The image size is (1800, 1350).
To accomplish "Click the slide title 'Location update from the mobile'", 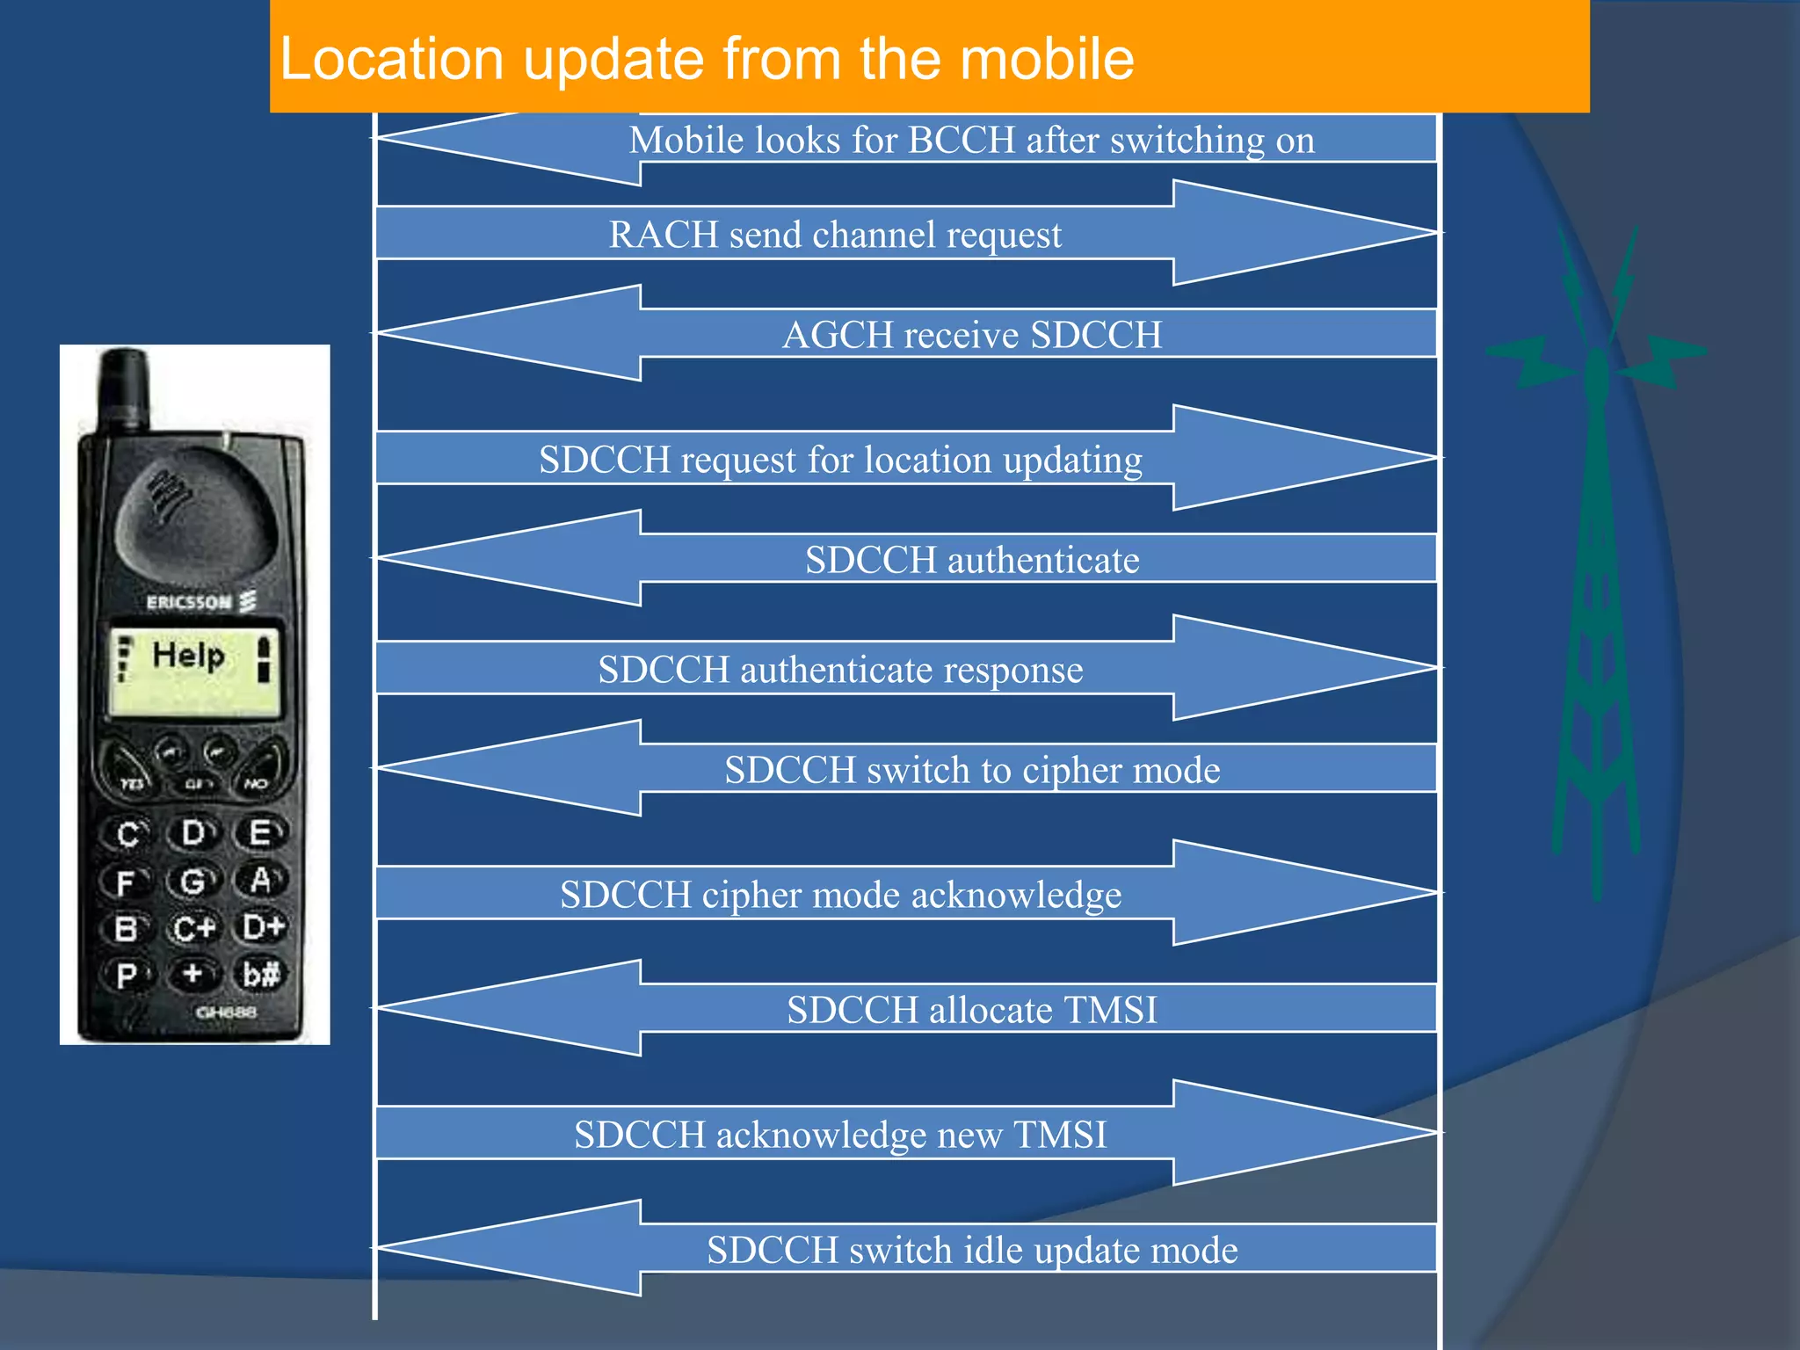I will point(706,60).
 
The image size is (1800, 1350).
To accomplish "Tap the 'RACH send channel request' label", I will point(835,235).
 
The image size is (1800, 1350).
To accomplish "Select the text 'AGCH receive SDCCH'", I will point(972,335).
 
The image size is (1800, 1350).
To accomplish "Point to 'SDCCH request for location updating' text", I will point(840,460).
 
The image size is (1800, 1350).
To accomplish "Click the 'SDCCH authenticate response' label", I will point(840,670).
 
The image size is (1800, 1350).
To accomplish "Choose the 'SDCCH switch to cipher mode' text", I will point(972,770).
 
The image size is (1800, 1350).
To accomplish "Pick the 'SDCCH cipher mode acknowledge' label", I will point(840,895).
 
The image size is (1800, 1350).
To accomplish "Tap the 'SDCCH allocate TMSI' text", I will point(972,1010).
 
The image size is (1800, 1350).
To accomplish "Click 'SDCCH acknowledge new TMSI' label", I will point(840,1135).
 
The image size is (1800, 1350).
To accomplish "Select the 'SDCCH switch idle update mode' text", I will point(972,1250).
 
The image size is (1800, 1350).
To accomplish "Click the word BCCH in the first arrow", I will point(961,141).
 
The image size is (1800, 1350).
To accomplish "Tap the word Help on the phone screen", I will point(188,656).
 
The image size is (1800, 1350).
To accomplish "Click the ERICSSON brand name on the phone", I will point(189,602).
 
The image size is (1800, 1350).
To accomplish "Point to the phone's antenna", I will point(124,387).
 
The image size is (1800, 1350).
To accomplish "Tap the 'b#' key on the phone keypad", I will point(261,974).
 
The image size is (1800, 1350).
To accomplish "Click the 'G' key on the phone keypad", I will point(192,881).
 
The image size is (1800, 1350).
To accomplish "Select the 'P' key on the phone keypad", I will point(127,975).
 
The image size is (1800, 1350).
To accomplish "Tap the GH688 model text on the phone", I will point(226,1012).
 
